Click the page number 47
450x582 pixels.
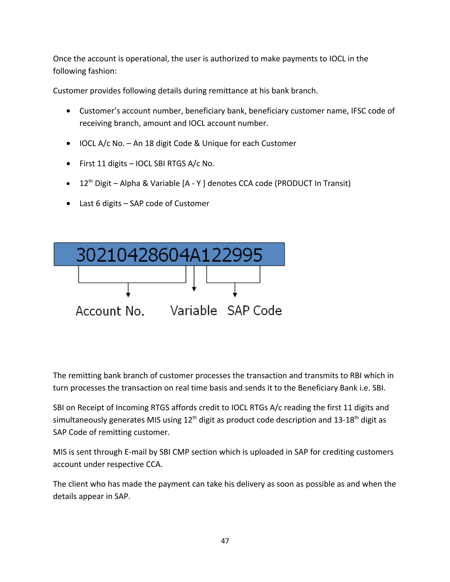pos(225,541)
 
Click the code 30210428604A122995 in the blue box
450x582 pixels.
pos(169,255)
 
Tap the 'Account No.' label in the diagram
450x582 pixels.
pos(110,311)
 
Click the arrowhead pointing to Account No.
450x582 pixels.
pos(128,295)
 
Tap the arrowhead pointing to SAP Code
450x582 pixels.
pos(235,295)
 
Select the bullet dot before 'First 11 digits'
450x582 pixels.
pos(69,164)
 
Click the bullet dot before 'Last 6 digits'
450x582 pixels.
pos(69,204)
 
